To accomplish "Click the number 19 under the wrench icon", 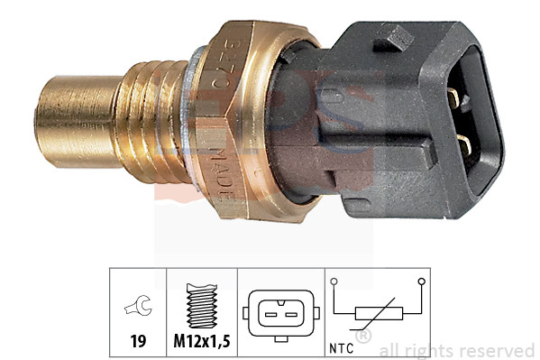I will [137, 341].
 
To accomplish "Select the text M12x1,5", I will [201, 341].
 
